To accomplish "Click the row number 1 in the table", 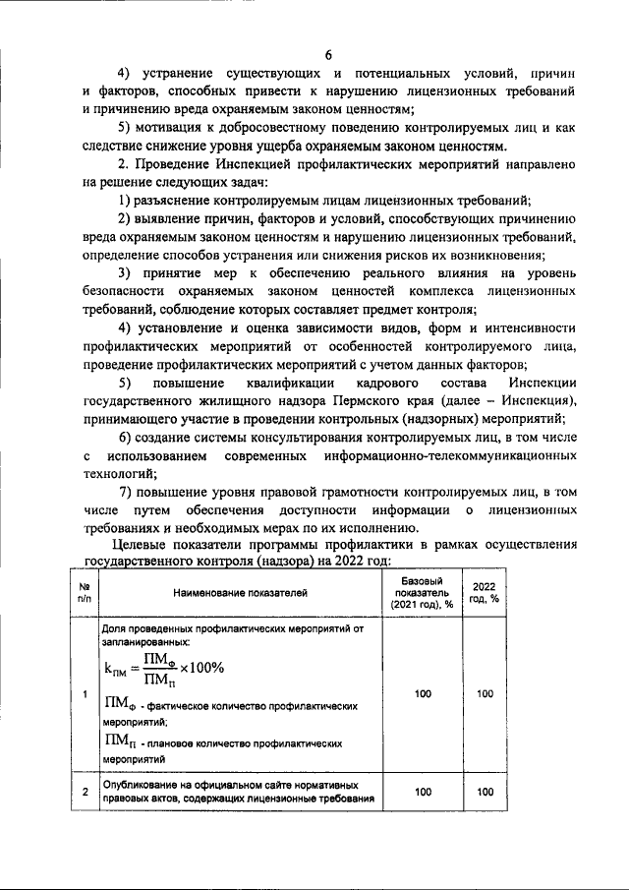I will pos(86,694).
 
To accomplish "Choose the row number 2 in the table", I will pos(86,792).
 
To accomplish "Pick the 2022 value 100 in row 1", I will pos(485,694).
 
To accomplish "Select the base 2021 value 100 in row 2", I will pos(423,792).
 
